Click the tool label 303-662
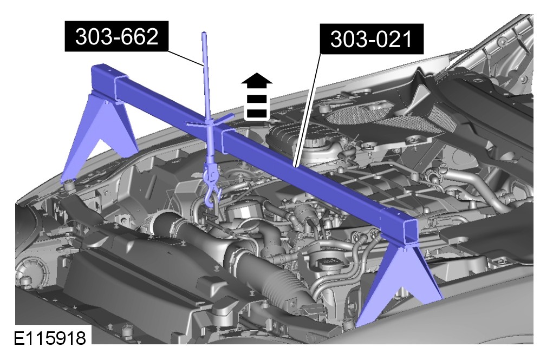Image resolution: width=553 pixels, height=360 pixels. [117, 36]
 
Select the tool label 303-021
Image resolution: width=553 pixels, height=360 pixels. [371, 39]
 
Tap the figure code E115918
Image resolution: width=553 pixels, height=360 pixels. [50, 338]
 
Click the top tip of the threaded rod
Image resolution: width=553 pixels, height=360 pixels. [204, 33]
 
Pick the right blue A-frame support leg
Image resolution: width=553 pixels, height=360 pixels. [400, 286]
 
